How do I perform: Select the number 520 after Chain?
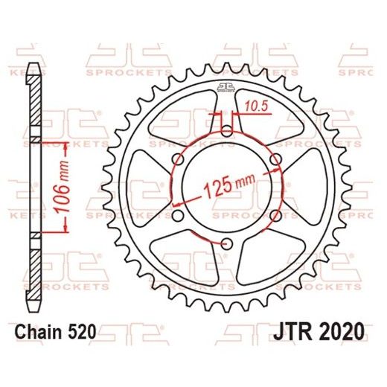83,332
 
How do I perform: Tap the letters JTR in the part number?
299,331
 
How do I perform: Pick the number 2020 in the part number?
343,331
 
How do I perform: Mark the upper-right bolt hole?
275,159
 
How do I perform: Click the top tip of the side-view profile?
33,65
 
